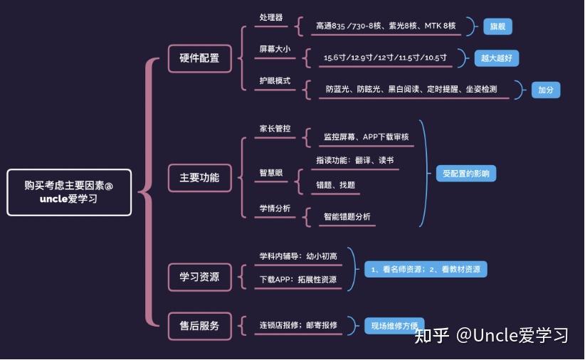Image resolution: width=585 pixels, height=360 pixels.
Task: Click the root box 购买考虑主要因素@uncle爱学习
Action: pos(69,192)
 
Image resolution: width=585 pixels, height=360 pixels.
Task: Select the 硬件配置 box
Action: pos(199,58)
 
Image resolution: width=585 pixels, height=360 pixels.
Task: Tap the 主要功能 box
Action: pos(199,178)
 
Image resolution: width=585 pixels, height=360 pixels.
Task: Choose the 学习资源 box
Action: pos(199,276)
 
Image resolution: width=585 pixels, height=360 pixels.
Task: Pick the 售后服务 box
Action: pos(199,326)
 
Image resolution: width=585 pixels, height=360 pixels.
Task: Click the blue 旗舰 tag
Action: pos(498,27)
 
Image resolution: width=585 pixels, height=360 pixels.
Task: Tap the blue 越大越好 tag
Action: pos(497,58)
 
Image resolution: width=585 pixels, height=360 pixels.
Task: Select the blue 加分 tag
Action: pos(545,90)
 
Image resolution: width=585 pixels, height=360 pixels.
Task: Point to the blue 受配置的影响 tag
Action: pos(466,174)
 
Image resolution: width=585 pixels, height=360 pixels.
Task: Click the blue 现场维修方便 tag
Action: pos(394,326)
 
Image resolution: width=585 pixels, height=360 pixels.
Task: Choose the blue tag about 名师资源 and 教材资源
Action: pos(426,270)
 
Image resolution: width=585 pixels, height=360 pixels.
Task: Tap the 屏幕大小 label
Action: pos(275,49)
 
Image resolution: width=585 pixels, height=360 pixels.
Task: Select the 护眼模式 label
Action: pos(275,80)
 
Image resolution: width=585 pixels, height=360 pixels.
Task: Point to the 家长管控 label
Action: pos(275,129)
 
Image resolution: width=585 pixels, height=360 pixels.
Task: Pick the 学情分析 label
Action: pos(275,208)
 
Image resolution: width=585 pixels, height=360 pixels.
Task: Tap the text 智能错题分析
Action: pos(347,216)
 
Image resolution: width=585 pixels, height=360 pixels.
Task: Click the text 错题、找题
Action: pos(336,185)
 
